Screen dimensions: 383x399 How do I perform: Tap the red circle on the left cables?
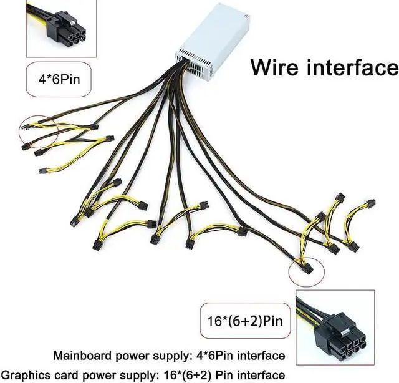coord(39,132)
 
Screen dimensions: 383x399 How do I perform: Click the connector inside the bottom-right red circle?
coord(307,269)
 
